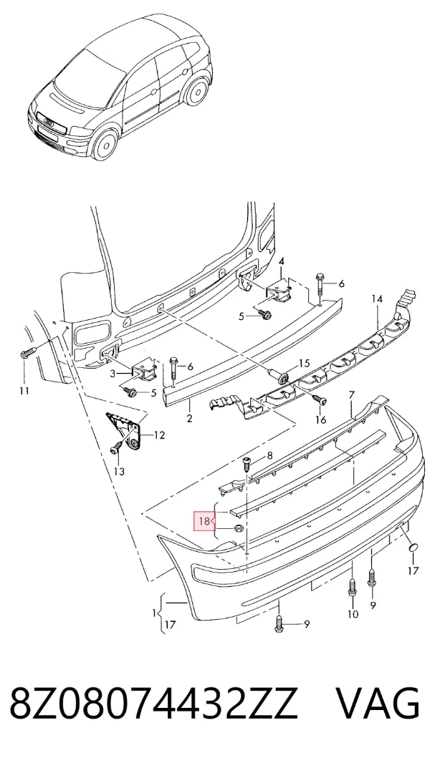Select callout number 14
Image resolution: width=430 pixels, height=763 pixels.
pos(378,299)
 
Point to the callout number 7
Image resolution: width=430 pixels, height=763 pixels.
pos(352,394)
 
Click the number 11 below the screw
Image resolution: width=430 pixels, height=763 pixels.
pos(24,390)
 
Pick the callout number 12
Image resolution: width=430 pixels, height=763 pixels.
pos(159,434)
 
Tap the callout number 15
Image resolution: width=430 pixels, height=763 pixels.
pos(304,363)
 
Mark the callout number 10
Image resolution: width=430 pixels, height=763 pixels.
pos(353,614)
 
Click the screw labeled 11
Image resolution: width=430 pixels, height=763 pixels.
pos(28,353)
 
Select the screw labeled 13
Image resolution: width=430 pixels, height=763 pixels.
pos(116,447)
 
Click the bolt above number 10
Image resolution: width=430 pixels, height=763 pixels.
pos(352,588)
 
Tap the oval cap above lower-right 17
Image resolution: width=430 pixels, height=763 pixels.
pos(413,548)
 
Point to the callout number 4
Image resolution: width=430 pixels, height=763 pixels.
pos(281,262)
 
